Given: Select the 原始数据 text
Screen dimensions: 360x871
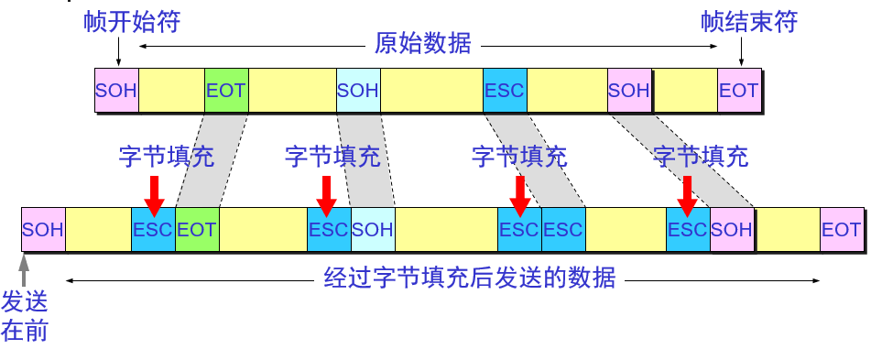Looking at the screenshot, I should coord(423,43).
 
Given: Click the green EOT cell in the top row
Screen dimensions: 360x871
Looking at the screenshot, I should coord(226,90).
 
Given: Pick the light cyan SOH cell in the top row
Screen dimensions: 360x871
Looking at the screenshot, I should coord(358,90).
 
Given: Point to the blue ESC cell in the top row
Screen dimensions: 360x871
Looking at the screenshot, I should coord(505,90).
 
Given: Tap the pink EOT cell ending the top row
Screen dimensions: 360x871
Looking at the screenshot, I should coord(739,90).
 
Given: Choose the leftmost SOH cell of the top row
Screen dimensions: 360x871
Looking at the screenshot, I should coord(116,90).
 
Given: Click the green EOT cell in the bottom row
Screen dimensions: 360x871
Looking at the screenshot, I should coord(197,229).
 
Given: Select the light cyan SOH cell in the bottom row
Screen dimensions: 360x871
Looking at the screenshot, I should coord(373,229).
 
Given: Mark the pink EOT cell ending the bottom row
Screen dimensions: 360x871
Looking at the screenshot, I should coord(841,229).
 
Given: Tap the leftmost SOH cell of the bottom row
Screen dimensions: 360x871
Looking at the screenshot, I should coord(43,229).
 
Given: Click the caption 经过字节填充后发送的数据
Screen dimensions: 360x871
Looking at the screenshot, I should coord(470,278).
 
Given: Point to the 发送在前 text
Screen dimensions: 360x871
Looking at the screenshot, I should coord(25,316).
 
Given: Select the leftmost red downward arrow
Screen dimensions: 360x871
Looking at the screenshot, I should coord(153,193).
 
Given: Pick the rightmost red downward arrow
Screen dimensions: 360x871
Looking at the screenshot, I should coord(687,193).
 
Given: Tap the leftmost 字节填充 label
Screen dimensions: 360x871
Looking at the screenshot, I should coord(166,157).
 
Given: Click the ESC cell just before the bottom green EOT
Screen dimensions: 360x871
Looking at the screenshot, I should coord(153,229).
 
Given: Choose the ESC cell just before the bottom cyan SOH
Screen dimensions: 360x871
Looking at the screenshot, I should coord(329,229).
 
